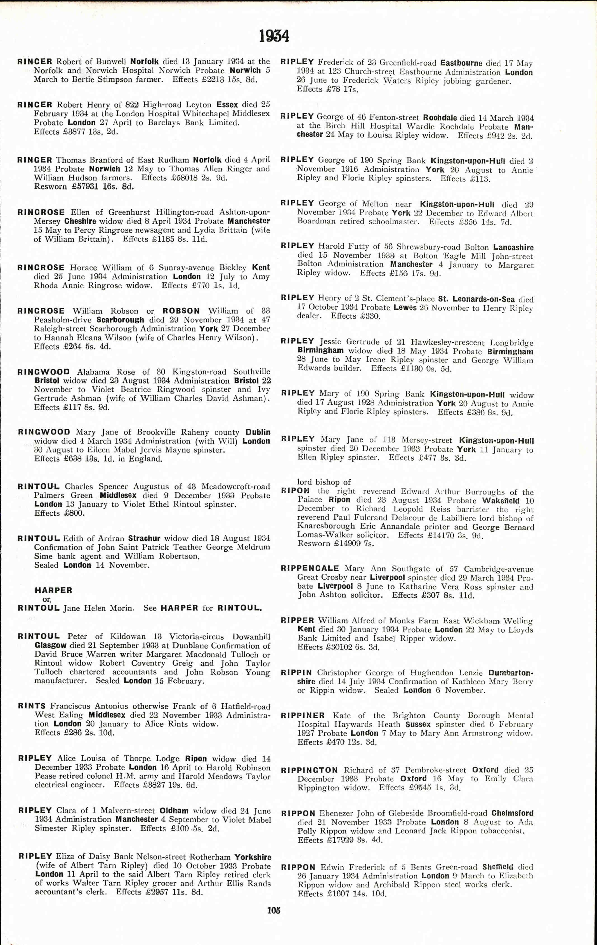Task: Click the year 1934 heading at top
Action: coord(274,37)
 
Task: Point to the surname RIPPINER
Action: coord(303,715)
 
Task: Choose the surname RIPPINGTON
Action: coord(309,770)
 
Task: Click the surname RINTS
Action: coord(32,706)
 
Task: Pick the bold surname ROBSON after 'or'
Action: coord(181,311)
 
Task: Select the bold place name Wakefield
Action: coord(501,501)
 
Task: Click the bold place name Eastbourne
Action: coord(461,63)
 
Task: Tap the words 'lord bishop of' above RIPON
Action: coord(324,482)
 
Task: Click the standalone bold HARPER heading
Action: coord(53,590)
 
